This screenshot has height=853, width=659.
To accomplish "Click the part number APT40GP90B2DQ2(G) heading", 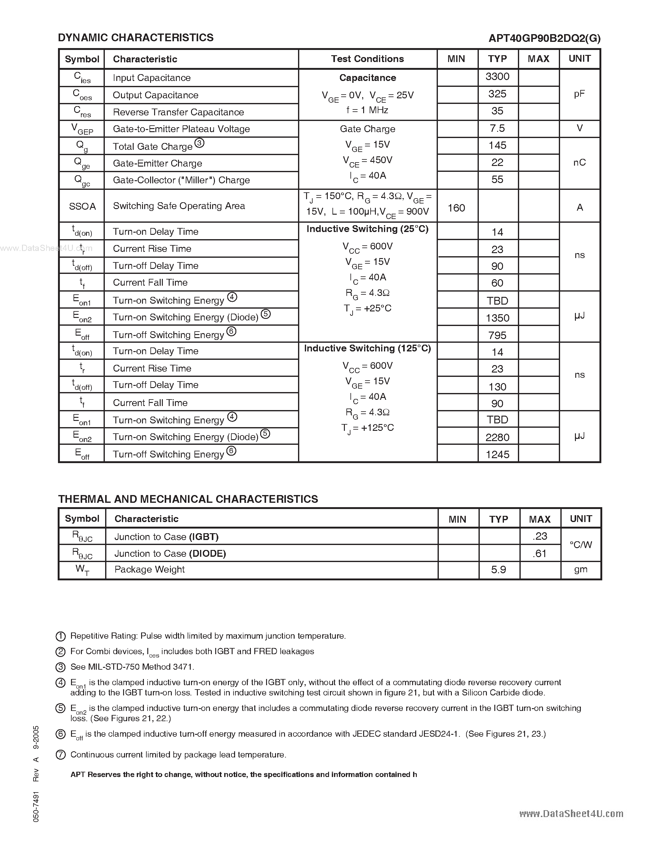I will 544,38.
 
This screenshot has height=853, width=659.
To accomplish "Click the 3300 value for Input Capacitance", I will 497,77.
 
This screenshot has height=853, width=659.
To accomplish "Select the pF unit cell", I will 579,94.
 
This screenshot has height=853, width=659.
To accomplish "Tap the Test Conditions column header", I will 367,59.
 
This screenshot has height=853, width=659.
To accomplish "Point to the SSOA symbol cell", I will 82,206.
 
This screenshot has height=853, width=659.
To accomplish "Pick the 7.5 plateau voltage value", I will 497,128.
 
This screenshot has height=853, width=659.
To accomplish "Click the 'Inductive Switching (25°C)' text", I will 367,229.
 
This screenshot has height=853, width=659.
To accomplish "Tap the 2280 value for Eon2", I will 497,437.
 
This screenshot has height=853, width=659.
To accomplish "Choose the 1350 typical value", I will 497,318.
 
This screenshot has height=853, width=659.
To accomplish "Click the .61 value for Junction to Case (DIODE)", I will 540,553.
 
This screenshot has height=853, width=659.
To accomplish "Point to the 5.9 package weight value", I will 499,570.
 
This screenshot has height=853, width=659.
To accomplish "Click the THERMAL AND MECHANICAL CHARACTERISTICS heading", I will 188,499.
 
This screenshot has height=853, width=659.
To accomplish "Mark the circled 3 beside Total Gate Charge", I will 199,143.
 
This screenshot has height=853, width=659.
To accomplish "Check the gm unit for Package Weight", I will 581,570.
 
